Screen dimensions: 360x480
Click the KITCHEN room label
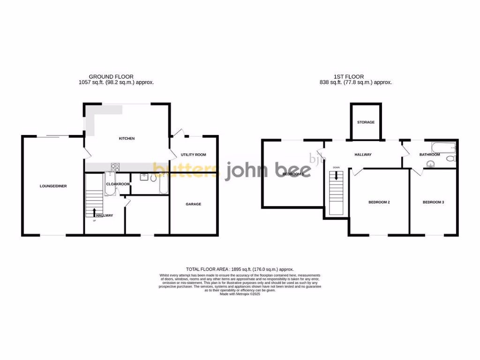[127, 139]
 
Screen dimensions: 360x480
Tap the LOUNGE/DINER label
[53, 186]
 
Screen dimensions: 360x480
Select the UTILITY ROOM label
[194, 155]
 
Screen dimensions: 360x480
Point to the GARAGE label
[193, 204]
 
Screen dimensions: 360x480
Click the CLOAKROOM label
[118, 184]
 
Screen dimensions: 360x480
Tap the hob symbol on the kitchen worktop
[115, 166]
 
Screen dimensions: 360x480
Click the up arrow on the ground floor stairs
[96, 212]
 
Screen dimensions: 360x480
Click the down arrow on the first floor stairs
[336, 176]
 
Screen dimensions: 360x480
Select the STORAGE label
[366, 122]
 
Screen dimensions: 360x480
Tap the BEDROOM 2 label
[379, 202]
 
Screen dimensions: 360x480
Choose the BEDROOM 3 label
[433, 202]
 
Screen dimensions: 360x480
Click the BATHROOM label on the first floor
[429, 155]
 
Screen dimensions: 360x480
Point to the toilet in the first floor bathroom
[451, 160]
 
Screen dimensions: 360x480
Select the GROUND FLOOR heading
[111, 76]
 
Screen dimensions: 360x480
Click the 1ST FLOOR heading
[348, 76]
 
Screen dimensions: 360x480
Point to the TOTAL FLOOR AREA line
[240, 269]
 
